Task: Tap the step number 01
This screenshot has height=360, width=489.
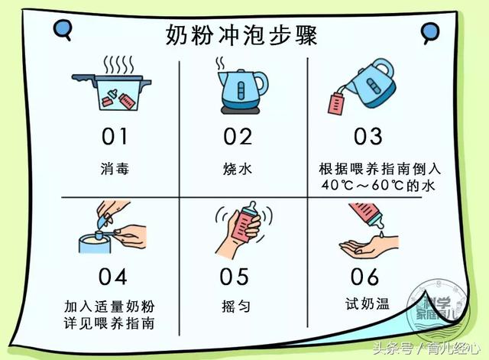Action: click(115, 137)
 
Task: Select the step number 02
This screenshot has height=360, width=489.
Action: click(238, 137)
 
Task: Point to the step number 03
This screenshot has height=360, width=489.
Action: click(368, 137)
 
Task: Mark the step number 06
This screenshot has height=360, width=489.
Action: click(366, 275)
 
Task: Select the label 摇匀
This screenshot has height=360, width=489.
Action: click(237, 304)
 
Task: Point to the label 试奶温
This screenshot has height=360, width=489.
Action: click(367, 304)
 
